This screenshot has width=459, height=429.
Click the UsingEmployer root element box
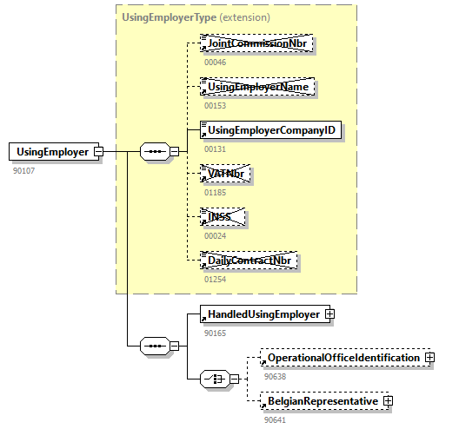pos(52,152)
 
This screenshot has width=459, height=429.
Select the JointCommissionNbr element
pos(256,43)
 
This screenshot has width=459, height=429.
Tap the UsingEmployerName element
pos(256,87)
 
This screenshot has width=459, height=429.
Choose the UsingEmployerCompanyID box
pos(269,131)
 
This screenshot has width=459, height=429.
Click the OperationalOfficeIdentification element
pos(343,358)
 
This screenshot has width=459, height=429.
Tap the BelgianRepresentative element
pos(322,401)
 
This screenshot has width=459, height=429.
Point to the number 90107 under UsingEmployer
pos(24,170)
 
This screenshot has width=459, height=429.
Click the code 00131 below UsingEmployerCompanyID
pos(215,149)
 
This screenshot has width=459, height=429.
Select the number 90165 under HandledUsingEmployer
pos(215,333)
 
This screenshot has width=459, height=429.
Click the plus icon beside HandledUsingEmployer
pos(329,314)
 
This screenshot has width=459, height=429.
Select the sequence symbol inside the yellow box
pos(156,152)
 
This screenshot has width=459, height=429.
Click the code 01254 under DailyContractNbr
pos(215,279)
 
